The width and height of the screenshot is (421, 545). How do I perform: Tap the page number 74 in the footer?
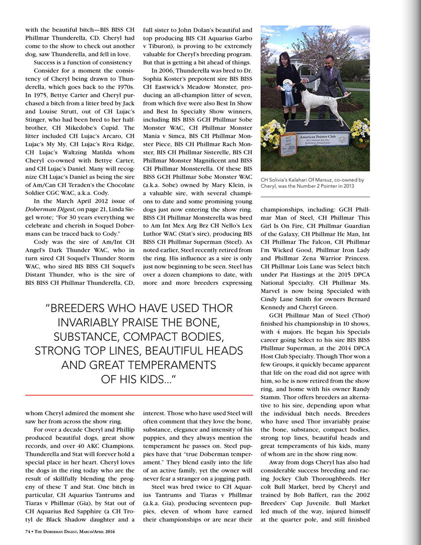(x=28, y=531)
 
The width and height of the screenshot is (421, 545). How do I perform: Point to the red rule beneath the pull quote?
(x=139, y=395)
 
